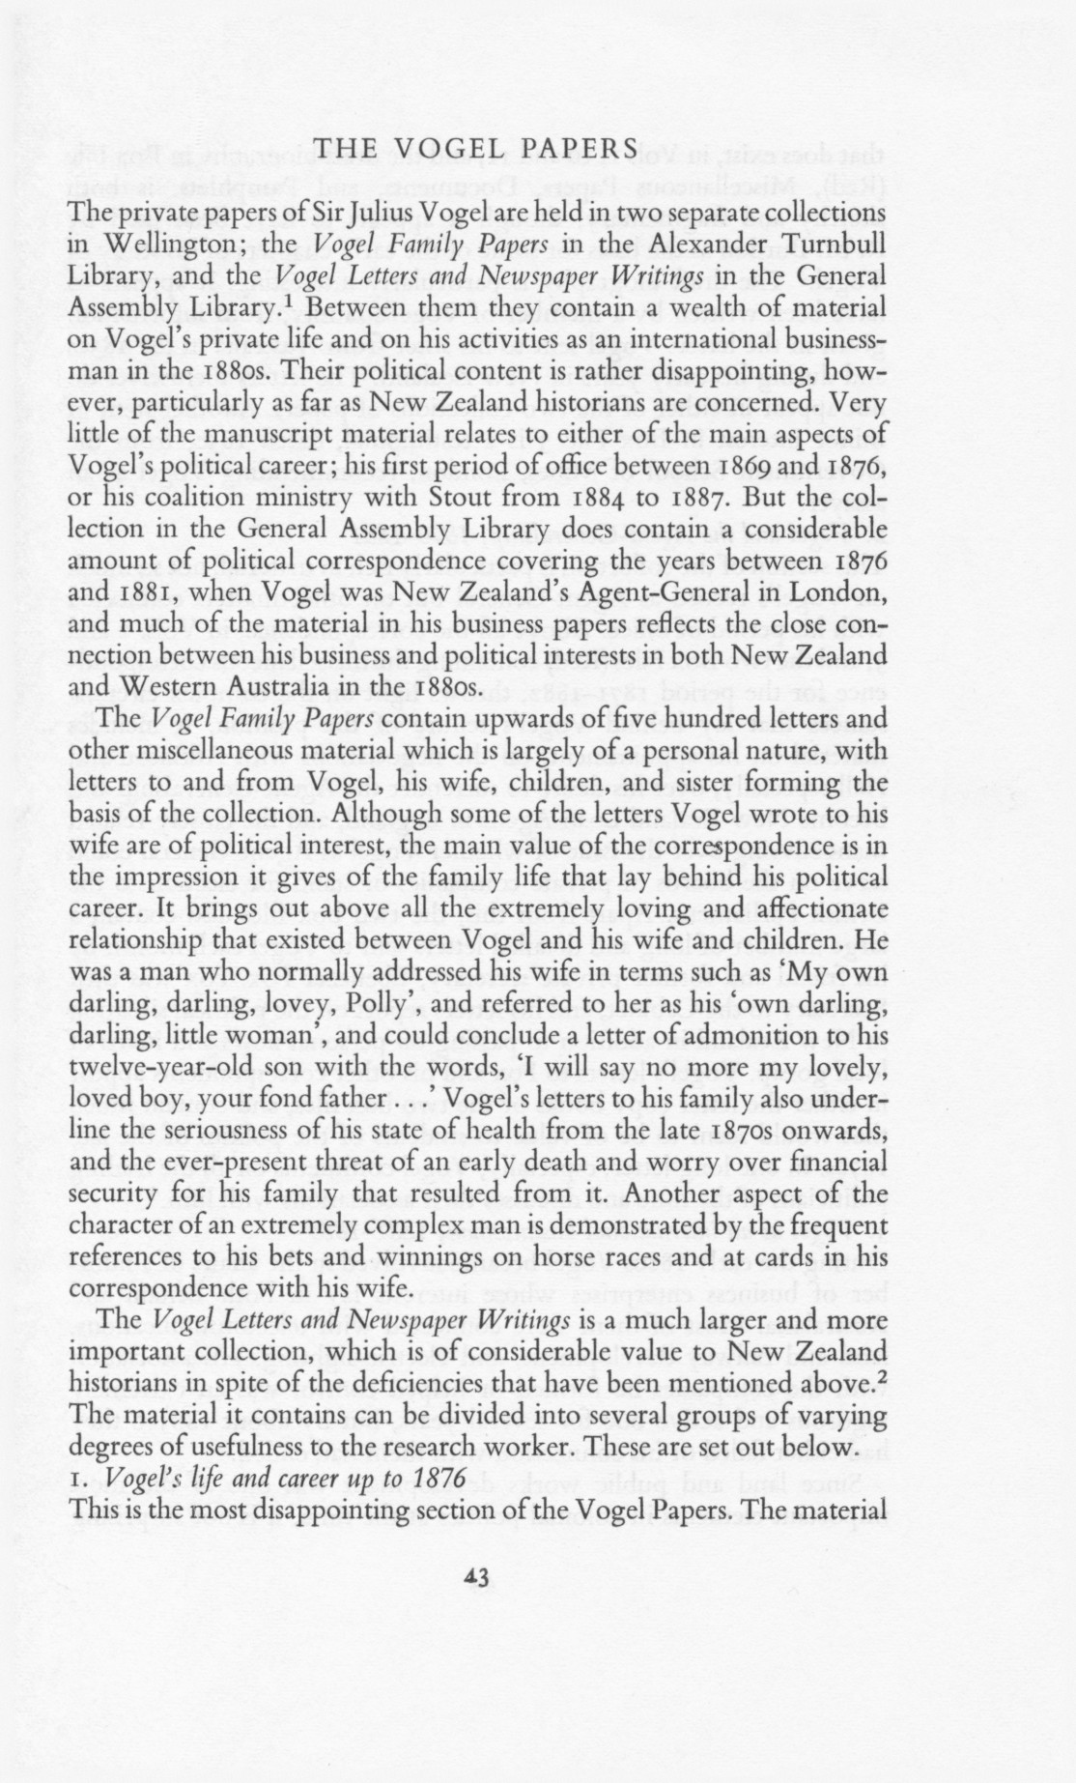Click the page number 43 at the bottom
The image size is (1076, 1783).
click(x=477, y=1578)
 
